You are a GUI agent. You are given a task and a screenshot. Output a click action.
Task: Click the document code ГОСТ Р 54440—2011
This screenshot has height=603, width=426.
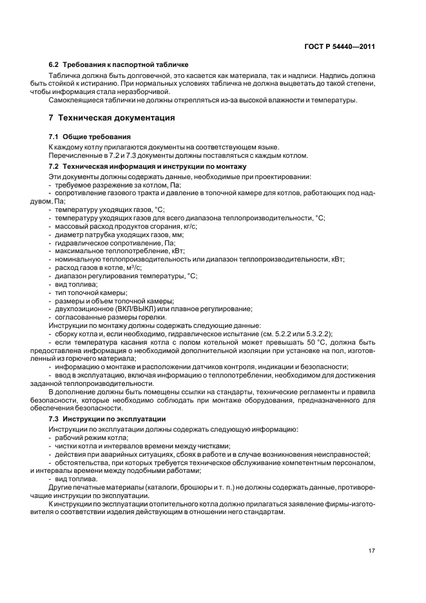[x=340, y=47]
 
